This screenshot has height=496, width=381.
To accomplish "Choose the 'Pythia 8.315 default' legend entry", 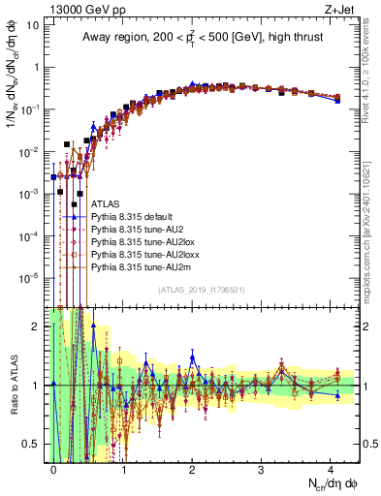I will pos(136,218).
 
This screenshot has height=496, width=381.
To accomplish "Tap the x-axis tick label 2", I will pos(192,468).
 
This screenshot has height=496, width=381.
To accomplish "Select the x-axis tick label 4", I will pos(332,468).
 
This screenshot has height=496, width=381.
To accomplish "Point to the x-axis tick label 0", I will pos(53,468).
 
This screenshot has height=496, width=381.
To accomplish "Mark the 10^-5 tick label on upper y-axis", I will pos(28,278).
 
